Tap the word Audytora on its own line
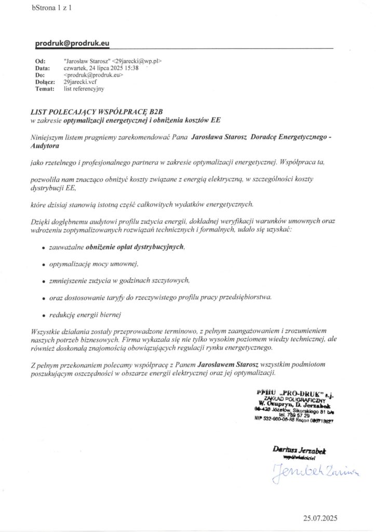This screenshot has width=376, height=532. point(45,147)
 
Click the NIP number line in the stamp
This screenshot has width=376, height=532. point(293,421)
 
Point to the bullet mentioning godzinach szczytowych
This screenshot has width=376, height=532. point(119,281)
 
